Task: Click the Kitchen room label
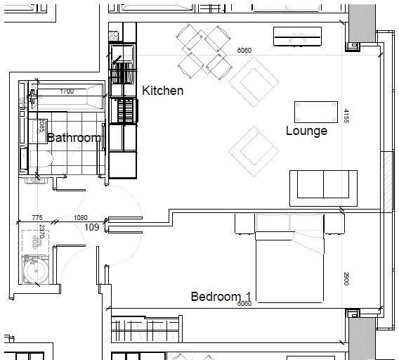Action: click(162, 91)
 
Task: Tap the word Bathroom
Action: click(73, 138)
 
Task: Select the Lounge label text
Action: click(306, 131)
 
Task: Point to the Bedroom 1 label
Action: click(221, 296)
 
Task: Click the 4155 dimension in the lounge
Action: click(346, 116)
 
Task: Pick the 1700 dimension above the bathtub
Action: click(67, 91)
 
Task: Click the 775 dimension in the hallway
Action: click(38, 219)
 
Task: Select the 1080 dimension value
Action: click(81, 219)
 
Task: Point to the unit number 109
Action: click(91, 227)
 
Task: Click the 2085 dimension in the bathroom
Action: click(42, 127)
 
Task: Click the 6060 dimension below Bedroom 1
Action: click(244, 304)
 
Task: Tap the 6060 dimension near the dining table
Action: click(244, 51)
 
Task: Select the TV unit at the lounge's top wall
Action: click(298, 35)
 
